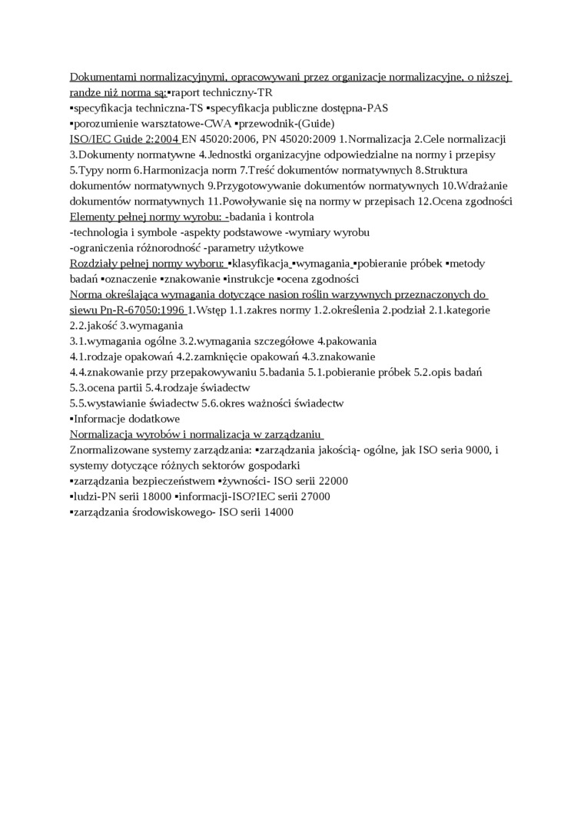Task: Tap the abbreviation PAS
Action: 377,108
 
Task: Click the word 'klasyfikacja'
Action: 260,264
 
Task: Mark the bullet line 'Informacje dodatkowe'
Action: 127,419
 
